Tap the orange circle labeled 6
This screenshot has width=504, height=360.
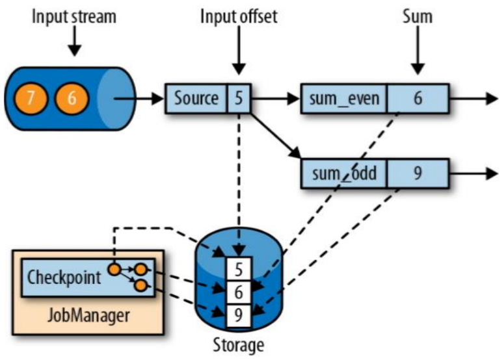70,99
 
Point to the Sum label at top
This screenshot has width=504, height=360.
417,16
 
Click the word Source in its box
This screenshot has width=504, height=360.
196,99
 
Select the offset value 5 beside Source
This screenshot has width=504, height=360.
239,99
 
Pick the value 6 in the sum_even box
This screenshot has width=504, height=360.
418,99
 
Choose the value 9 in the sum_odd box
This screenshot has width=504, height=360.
418,174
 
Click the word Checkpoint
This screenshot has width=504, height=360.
64,277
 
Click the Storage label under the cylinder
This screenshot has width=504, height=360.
239,345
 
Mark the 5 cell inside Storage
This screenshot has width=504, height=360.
239,267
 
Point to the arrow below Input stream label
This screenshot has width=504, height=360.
75,43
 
